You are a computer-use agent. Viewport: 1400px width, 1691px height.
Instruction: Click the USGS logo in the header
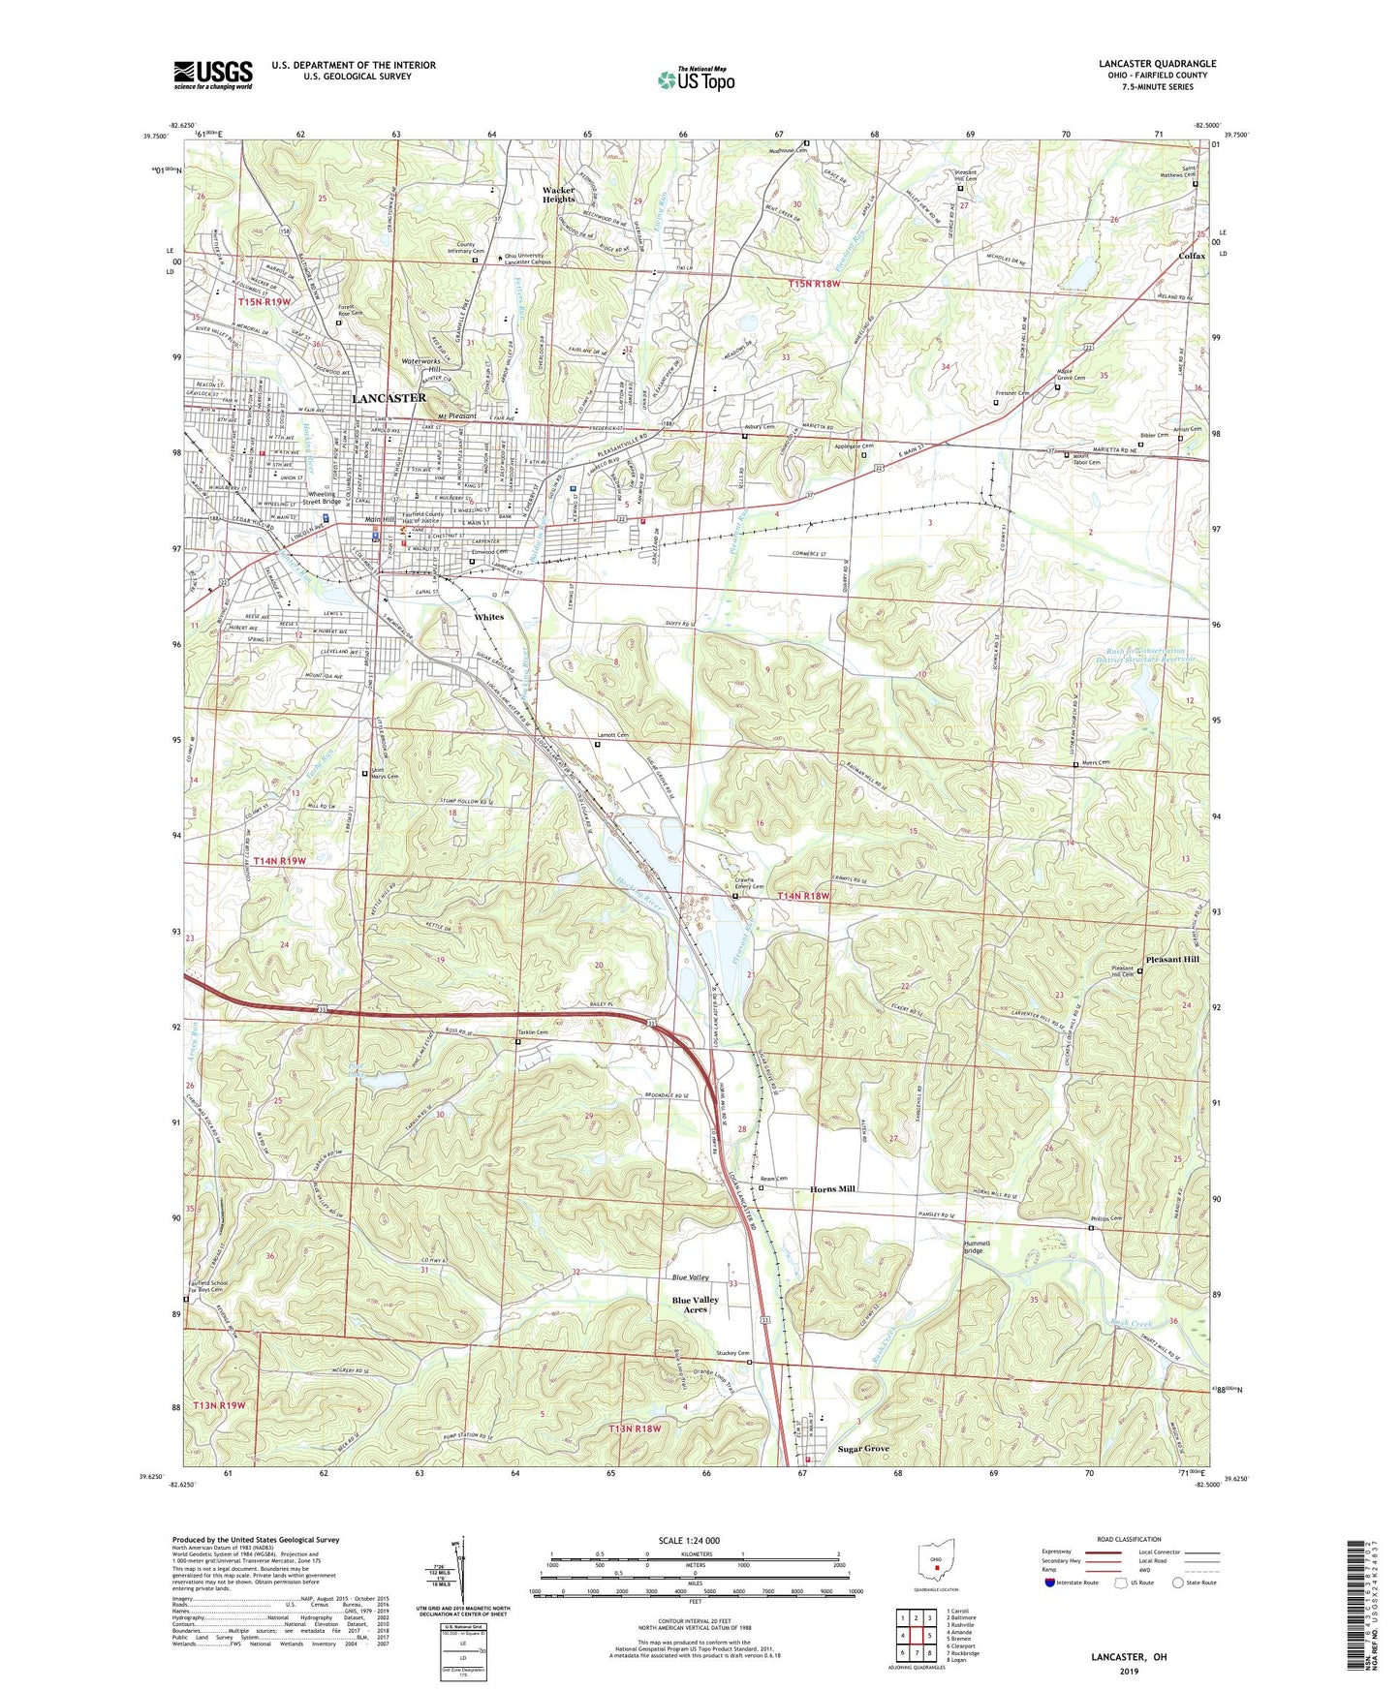click(213, 75)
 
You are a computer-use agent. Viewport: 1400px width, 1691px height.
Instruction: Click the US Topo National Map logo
click(695, 78)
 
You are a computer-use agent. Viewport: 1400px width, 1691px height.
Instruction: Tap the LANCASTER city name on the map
click(388, 398)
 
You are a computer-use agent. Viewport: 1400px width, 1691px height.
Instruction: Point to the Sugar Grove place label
click(862, 1449)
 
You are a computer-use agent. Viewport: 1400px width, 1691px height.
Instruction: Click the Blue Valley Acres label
click(695, 1305)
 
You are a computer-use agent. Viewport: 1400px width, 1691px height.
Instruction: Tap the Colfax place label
click(1192, 256)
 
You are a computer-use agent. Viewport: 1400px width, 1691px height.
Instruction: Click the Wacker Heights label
click(558, 195)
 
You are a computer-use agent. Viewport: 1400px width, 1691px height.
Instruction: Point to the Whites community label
click(488, 617)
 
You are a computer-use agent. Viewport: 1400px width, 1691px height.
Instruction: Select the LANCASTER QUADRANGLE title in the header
click(1157, 64)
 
